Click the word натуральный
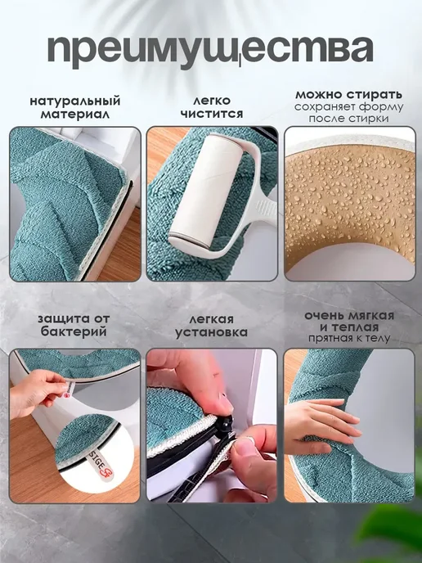click(x=75, y=101)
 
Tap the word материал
click(x=75, y=115)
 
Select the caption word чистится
click(x=212, y=114)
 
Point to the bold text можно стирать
click(x=348, y=95)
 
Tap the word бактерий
click(x=74, y=331)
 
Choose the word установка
click(x=211, y=332)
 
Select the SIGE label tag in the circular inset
click(x=102, y=463)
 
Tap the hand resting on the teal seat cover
click(x=321, y=426)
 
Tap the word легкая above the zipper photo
click(x=211, y=319)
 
